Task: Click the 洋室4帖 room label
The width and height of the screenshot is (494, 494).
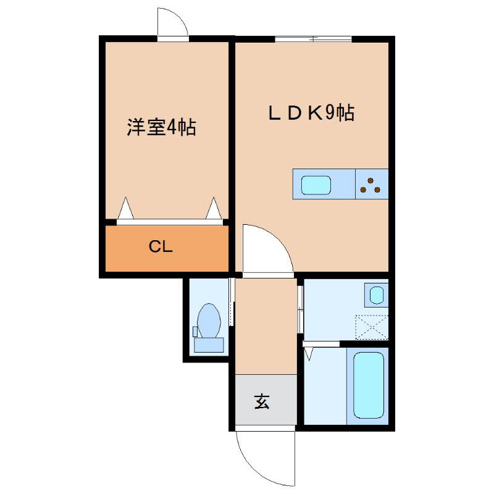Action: pyautogui.click(x=161, y=128)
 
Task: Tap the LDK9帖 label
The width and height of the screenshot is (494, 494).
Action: pyautogui.click(x=311, y=113)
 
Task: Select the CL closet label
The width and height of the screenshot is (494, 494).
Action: pyautogui.click(x=161, y=247)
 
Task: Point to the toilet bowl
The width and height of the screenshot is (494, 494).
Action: pyautogui.click(x=209, y=320)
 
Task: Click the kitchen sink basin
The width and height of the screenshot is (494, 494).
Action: pyautogui.click(x=315, y=185)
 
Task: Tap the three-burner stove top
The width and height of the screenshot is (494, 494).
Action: pyautogui.click(x=372, y=185)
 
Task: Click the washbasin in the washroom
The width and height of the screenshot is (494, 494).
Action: pyautogui.click(x=377, y=294)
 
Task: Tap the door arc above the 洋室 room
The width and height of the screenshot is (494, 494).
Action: pyautogui.click(x=173, y=23)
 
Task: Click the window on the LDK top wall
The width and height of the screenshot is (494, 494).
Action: pyautogui.click(x=313, y=39)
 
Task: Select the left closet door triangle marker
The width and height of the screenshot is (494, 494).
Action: pyautogui.click(x=125, y=209)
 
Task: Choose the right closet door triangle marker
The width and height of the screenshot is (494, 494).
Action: pyautogui.click(x=214, y=209)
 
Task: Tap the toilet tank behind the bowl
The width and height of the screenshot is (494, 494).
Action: pyautogui.click(x=209, y=345)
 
